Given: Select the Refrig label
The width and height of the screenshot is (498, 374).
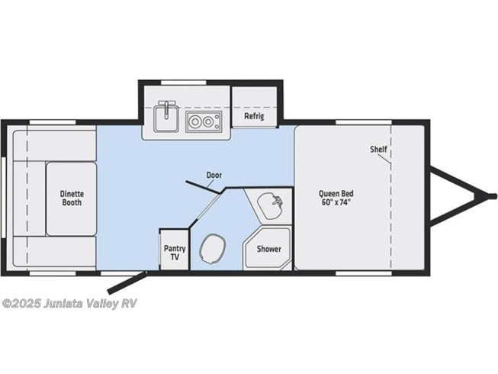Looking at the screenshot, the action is pyautogui.click(x=254, y=116).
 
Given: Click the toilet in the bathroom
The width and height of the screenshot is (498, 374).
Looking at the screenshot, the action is pyautogui.click(x=213, y=249).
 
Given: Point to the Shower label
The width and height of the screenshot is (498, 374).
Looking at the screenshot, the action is pyautogui.click(x=269, y=249).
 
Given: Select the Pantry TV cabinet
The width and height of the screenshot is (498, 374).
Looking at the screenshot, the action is pyautogui.click(x=175, y=250).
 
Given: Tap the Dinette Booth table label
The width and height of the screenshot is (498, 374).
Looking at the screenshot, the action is pyautogui.click(x=72, y=198).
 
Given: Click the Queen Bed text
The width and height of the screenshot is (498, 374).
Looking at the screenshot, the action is pyautogui.click(x=336, y=194).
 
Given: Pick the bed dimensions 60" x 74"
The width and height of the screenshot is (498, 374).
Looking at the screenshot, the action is pyautogui.click(x=336, y=202).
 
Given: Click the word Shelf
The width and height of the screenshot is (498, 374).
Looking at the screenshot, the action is pyautogui.click(x=378, y=149).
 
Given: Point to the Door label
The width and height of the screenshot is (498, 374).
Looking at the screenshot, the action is pyautogui.click(x=214, y=175).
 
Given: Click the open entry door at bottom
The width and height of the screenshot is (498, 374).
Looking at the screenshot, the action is pyautogui.click(x=127, y=282).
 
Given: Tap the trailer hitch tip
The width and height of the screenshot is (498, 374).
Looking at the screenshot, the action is pyautogui.click(x=493, y=196).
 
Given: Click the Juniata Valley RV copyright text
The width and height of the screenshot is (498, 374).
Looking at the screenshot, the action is pyautogui.click(x=69, y=304).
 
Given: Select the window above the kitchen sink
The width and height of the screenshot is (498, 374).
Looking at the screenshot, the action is pyautogui.click(x=184, y=82).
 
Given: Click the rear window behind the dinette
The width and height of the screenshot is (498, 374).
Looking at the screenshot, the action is pyautogui.click(x=4, y=198).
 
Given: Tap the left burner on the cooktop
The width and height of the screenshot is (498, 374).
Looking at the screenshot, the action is pyautogui.click(x=194, y=121).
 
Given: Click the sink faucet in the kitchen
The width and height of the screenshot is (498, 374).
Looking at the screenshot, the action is pyautogui.click(x=166, y=108).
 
